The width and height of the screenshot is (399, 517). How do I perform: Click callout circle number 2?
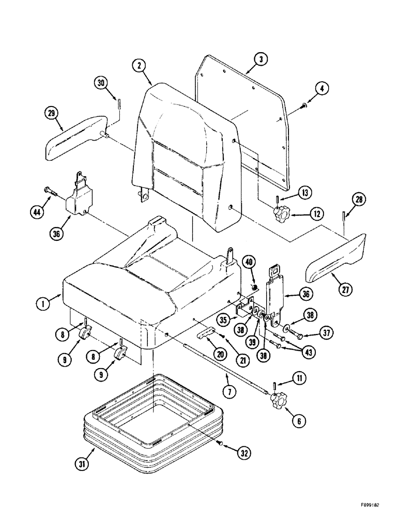[x=138, y=65]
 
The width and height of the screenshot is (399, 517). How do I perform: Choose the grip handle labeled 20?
[x=206, y=335]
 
